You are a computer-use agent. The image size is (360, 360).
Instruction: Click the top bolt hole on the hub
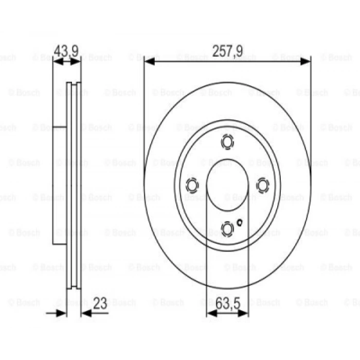pyautogui.click(x=227, y=141)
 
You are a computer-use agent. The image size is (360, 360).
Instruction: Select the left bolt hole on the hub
pyautogui.click(x=192, y=184)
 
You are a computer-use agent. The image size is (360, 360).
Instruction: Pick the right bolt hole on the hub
pyautogui.click(x=262, y=184)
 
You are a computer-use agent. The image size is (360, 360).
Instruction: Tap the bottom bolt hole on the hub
pyautogui.click(x=227, y=227)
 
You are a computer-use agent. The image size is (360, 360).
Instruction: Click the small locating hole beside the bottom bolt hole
pyautogui.click(x=240, y=223)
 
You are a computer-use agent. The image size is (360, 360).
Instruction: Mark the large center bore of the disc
pyautogui.click(x=227, y=184)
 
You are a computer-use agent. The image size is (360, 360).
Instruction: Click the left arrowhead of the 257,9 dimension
pyautogui.click(x=149, y=62)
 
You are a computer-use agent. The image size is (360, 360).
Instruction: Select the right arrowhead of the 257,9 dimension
pyautogui.click(x=305, y=62)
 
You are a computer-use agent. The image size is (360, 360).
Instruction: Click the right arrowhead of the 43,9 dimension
pyautogui.click(x=77, y=62)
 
